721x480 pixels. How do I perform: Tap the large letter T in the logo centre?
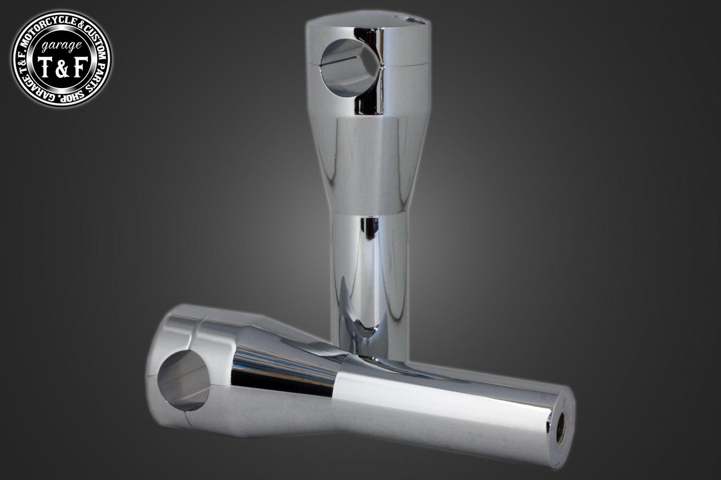(45, 68)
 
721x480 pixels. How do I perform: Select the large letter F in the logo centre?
(78, 67)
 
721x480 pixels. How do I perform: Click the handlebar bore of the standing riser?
(349, 67)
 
